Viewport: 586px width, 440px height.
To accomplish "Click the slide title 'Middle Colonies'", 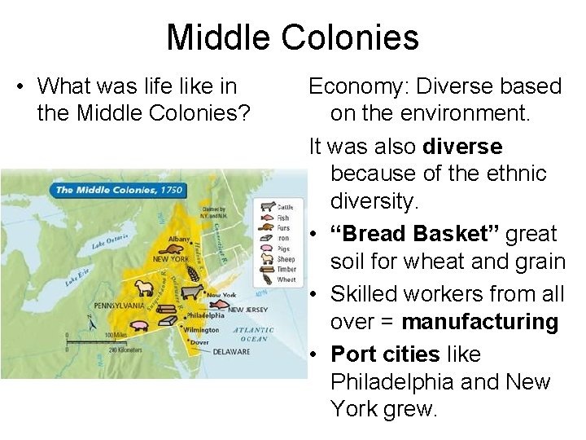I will [292, 37].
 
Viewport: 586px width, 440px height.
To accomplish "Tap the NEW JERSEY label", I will [247, 310].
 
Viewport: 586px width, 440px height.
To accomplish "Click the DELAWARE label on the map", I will [232, 352].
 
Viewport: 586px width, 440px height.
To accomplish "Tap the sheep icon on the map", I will [145, 288].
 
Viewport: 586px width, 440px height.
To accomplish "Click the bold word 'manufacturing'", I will [479, 322].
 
